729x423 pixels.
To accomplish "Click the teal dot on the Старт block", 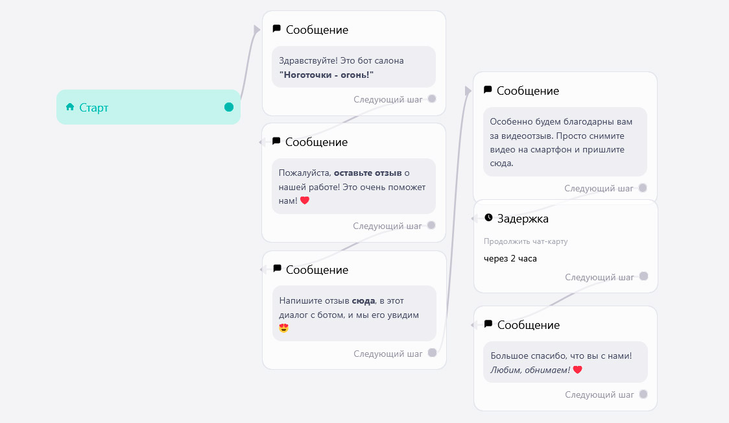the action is (x=229, y=108).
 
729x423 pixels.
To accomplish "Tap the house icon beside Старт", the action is (x=70, y=107).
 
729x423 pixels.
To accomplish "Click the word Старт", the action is (x=94, y=108).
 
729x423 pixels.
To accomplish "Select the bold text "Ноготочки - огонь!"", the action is (x=326, y=75).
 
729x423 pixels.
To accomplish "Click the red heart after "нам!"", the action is (x=305, y=201).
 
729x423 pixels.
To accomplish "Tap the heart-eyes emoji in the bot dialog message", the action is (x=284, y=328).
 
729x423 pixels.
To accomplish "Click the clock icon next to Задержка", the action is (x=488, y=217).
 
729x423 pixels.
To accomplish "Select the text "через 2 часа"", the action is (x=510, y=258).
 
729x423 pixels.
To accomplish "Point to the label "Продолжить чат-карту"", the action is (x=526, y=241).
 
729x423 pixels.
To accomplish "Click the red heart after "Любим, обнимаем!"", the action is (x=577, y=370).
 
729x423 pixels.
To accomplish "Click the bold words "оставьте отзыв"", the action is (x=368, y=173).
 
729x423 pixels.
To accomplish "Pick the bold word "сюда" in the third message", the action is (x=364, y=301).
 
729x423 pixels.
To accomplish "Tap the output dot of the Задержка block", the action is (x=643, y=276).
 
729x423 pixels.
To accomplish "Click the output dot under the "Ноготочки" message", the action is (x=432, y=99).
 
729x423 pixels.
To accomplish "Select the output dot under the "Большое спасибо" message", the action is (x=643, y=394).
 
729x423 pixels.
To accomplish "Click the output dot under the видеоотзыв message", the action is (x=643, y=187).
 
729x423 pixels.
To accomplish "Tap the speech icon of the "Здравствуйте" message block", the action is (x=277, y=29).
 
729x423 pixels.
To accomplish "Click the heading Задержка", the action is (x=523, y=219).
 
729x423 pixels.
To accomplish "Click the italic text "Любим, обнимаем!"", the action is (x=530, y=370).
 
